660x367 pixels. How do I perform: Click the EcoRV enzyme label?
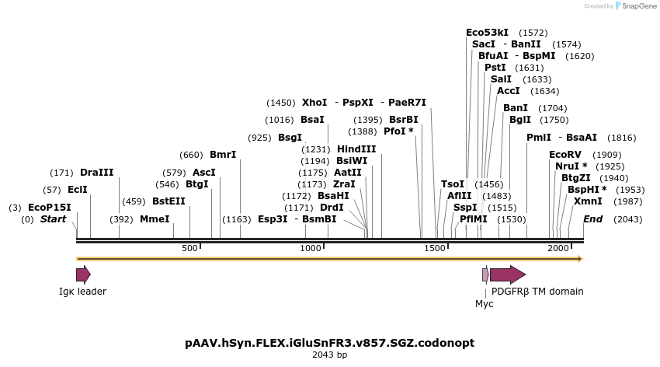(x=564, y=155)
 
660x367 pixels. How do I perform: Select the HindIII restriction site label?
(x=356, y=149)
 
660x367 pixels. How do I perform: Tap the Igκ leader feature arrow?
(x=83, y=274)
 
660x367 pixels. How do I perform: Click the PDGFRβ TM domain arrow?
(x=507, y=274)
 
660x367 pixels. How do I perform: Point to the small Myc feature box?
(x=485, y=274)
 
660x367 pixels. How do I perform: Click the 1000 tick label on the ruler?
(x=311, y=248)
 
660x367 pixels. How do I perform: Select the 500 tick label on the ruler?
(x=190, y=248)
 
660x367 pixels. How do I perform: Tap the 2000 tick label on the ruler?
(x=558, y=248)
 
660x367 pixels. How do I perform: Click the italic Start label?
(x=54, y=219)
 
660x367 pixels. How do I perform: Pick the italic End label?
(x=593, y=219)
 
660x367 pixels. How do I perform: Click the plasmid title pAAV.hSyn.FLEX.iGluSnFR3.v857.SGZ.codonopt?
(x=330, y=343)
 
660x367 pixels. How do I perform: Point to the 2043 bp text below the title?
(x=330, y=355)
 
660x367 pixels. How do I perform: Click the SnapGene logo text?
(x=636, y=6)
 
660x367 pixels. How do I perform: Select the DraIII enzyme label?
(x=97, y=173)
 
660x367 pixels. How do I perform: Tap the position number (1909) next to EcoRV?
(x=607, y=155)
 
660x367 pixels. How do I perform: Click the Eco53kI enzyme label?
(x=487, y=33)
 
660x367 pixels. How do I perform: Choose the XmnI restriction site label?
(x=588, y=201)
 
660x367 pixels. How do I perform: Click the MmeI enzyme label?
(x=155, y=219)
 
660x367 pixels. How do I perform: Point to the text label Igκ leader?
(x=82, y=292)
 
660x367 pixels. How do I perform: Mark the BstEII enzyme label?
(x=168, y=201)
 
